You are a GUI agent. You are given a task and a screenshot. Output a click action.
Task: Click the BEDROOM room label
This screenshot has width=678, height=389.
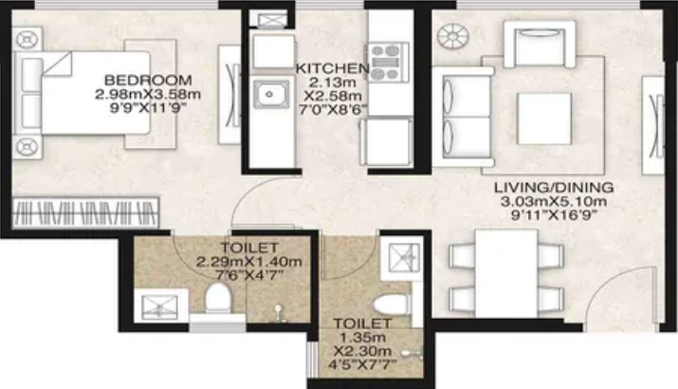point(148,80)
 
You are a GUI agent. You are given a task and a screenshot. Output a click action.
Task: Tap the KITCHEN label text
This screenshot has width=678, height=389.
point(332,68)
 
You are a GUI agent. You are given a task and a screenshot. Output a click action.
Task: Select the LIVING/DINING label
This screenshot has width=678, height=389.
point(554,187)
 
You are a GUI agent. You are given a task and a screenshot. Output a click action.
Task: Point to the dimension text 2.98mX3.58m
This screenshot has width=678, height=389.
point(148,94)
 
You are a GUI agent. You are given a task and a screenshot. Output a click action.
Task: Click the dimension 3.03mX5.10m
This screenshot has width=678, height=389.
point(554,201)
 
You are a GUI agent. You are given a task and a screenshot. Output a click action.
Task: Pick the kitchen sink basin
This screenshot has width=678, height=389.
point(270,94)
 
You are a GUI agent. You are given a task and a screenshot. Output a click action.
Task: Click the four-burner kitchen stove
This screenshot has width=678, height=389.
point(388,62)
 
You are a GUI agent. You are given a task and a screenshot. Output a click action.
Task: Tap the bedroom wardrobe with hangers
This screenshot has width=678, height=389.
point(85,213)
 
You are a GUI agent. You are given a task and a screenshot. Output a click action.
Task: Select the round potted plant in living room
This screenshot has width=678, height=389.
point(452,36)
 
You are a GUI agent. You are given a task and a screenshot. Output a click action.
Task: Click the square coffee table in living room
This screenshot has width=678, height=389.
point(544,119)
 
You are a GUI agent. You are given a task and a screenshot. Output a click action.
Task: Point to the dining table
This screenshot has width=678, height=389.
point(506,273)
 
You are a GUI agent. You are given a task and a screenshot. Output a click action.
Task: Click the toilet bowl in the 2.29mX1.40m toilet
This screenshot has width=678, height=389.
point(217,297)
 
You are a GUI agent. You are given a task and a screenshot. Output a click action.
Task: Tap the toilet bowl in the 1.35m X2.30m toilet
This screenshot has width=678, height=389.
point(392,305)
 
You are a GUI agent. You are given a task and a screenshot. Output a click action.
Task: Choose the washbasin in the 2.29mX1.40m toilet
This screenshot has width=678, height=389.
point(159,306)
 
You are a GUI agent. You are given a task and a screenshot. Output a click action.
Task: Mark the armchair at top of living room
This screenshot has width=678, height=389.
point(540,45)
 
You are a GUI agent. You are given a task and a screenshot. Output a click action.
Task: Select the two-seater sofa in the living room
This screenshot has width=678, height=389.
point(463,117)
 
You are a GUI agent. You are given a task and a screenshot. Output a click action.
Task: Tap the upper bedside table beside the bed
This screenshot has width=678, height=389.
point(27,40)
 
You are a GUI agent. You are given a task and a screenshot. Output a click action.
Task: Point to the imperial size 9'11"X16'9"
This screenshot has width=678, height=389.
point(555,215)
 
